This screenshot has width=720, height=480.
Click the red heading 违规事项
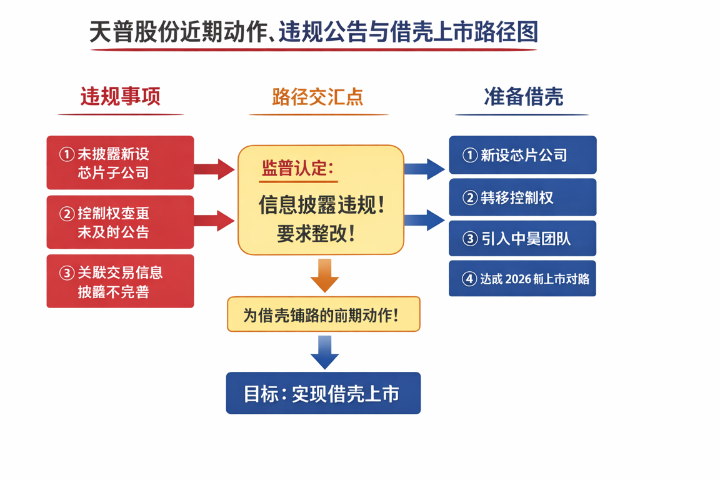point(120,96)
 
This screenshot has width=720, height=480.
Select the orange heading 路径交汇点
point(317,97)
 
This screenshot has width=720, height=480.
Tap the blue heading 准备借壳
point(523,96)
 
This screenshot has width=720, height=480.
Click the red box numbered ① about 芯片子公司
point(120,162)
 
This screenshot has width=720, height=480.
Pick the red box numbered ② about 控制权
point(120,222)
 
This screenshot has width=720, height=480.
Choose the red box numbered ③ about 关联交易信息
point(120,281)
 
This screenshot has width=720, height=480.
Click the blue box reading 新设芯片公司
point(522,155)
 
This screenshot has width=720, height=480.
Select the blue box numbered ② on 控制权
point(522,197)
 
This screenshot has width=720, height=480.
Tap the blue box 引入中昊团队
point(522,239)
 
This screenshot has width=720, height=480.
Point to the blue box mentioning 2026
point(522,279)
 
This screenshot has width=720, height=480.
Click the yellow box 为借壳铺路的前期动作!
point(323,314)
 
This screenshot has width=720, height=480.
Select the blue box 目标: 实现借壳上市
point(323,393)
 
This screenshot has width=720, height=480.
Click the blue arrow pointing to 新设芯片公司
point(425,169)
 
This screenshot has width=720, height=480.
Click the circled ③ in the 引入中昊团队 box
point(469,239)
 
